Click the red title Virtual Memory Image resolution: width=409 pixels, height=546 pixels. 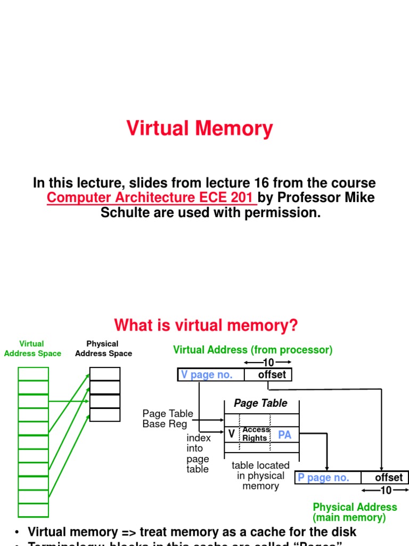click(200, 129)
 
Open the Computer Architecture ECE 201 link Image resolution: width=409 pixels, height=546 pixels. click(150, 198)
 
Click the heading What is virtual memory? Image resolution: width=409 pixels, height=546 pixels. click(206, 325)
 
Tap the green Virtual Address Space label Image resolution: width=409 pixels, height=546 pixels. click(32, 349)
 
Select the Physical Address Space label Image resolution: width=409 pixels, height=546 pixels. click(103, 349)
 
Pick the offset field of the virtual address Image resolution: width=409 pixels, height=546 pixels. click(272, 375)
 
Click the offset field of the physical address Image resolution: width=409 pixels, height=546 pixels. click(388, 478)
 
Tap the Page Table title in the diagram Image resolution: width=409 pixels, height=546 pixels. click(260, 404)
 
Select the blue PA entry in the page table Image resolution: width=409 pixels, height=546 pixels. click(284, 435)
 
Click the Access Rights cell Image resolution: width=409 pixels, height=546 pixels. click(256, 434)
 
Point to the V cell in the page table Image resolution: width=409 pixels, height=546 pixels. click(231, 435)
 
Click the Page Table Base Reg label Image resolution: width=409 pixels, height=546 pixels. click(168, 419)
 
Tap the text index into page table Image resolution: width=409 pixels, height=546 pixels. click(198, 453)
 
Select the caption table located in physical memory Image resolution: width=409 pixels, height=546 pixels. click(260, 476)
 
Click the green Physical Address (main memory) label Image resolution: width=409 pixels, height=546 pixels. click(355, 512)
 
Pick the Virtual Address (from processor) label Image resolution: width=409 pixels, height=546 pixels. click(252, 350)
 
